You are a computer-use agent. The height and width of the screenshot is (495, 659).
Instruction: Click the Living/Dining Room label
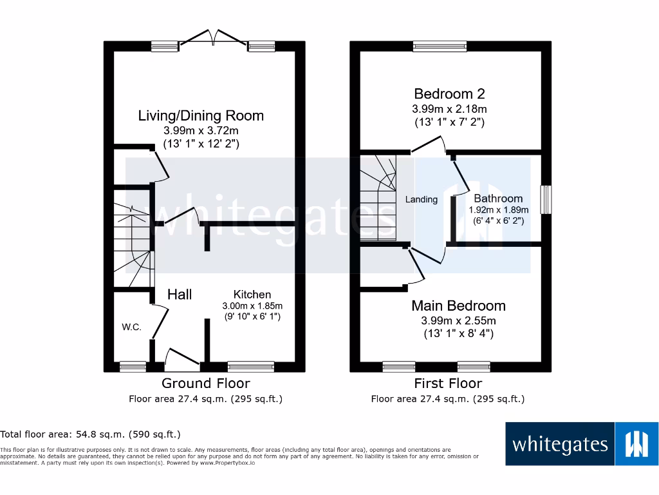(x=201, y=115)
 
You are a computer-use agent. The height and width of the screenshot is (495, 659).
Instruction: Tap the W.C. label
(x=131, y=327)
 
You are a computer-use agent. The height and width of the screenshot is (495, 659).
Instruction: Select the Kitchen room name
(x=252, y=294)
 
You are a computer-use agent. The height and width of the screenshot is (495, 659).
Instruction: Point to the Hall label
(x=180, y=294)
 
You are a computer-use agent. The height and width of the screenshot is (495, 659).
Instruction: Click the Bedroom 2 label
(x=449, y=93)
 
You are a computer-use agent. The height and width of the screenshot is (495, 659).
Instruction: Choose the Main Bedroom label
(x=458, y=306)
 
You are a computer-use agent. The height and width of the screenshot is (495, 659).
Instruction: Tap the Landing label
(x=421, y=200)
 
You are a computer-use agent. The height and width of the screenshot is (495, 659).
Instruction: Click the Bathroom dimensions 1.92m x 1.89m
(x=499, y=209)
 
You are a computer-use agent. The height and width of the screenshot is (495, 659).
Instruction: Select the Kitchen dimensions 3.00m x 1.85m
(x=252, y=306)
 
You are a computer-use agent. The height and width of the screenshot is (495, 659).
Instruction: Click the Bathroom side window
(x=546, y=200)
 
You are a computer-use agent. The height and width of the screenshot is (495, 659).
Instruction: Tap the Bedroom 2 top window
(x=440, y=46)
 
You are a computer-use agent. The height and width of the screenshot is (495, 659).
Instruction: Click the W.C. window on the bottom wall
(x=133, y=367)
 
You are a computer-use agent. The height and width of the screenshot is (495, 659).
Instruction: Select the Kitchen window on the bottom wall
(x=251, y=367)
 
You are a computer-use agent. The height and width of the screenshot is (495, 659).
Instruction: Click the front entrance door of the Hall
(x=183, y=359)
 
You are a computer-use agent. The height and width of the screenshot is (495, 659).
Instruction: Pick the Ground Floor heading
(x=206, y=383)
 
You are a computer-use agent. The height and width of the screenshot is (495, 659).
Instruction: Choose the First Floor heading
(x=448, y=383)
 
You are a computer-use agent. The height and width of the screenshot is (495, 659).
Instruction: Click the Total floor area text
(x=90, y=434)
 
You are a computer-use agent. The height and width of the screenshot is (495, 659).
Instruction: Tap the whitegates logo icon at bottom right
(x=636, y=444)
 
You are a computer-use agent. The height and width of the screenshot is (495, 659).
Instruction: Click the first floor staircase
(x=378, y=198)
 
